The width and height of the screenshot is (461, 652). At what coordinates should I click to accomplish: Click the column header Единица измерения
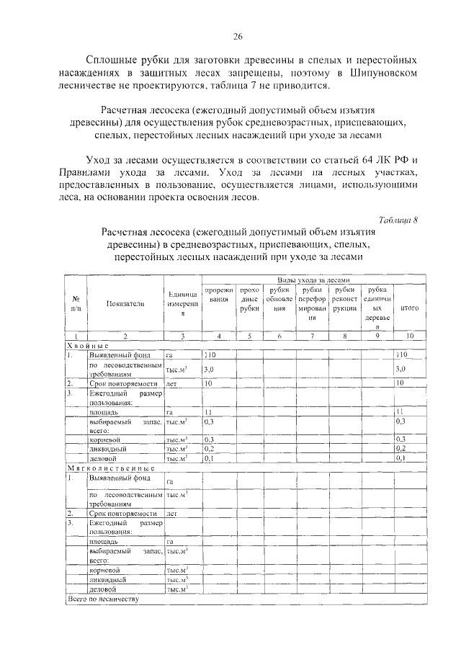[x=182, y=303]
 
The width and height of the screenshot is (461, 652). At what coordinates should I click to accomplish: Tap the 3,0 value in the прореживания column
[x=210, y=369]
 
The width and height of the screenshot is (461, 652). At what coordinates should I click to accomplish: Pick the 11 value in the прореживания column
[x=208, y=410]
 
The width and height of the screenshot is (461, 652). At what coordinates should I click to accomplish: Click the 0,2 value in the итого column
[x=401, y=448]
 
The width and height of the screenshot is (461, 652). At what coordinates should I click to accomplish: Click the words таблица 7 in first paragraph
[x=268, y=86]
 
